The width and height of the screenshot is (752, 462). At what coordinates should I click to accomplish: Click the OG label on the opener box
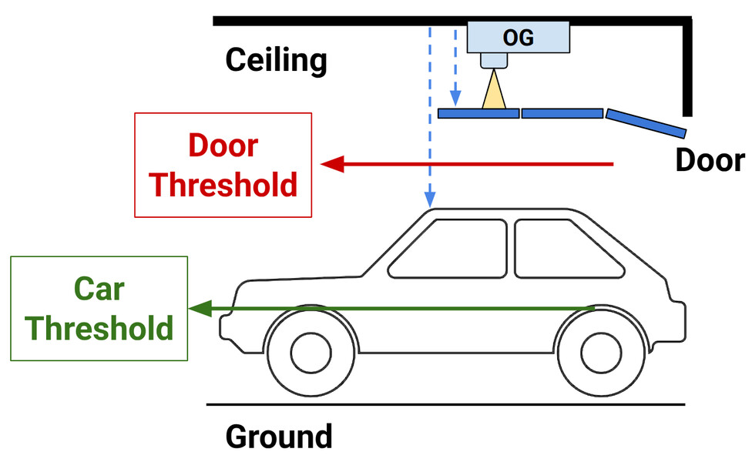pos(518,36)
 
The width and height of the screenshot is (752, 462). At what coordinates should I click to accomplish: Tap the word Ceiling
pos(276,60)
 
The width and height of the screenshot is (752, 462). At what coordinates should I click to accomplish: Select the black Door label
pos(710,159)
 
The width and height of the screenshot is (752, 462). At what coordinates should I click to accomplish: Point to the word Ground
pos(278,436)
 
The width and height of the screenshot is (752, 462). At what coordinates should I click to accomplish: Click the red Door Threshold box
pos(223,165)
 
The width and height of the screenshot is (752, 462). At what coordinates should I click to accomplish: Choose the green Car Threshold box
pos(99,309)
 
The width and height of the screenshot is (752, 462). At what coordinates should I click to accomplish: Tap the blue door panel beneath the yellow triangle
pos(478,113)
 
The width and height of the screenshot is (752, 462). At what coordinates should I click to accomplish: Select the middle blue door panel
pos(562,113)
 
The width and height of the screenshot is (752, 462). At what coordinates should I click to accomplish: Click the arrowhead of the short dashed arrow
pos(455,99)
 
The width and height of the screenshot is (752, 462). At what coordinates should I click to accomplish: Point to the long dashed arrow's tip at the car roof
pos(430,201)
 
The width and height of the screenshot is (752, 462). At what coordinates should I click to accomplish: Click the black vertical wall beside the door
pos(687,69)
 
